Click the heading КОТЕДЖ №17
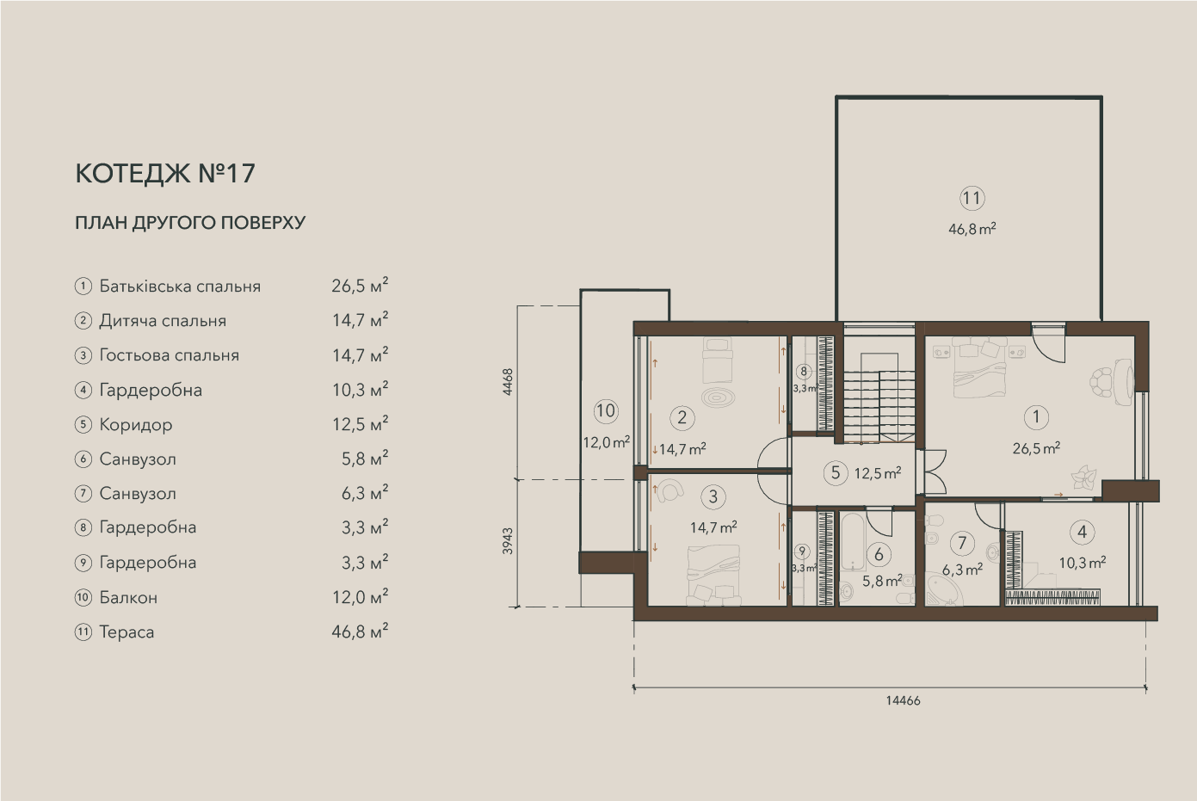(165, 174)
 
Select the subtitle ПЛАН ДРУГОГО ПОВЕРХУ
(190, 222)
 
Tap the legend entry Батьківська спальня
(180, 287)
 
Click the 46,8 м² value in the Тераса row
(360, 631)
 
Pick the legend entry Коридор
(136, 425)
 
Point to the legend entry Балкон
(128, 597)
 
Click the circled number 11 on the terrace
(972, 198)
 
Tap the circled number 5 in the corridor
(836, 473)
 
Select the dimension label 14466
(903, 700)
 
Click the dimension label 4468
(508, 381)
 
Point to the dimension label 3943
(508, 541)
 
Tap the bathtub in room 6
(852, 541)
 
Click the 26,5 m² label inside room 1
(1036, 447)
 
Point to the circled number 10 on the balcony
(606, 411)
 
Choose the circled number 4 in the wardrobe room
(1082, 532)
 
